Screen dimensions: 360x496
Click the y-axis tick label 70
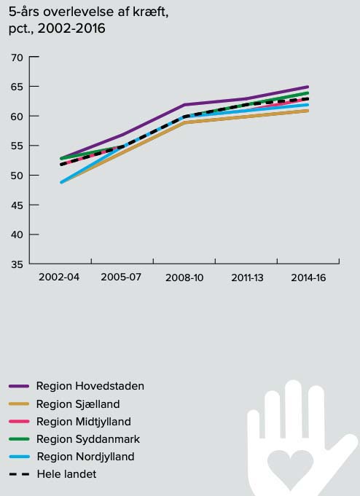[x=17, y=58]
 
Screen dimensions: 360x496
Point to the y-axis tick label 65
[x=17, y=87]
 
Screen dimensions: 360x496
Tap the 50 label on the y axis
[x=17, y=176]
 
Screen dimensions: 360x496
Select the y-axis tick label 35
[x=17, y=264]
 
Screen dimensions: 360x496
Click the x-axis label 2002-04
[x=59, y=277]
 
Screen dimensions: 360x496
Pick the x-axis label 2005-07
[x=121, y=277]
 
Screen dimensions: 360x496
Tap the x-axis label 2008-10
[x=184, y=277]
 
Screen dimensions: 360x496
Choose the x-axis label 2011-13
[x=247, y=277]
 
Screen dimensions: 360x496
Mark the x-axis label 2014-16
[x=308, y=277]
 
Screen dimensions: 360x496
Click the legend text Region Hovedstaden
[x=90, y=386]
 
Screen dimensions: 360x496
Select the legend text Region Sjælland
[x=78, y=404]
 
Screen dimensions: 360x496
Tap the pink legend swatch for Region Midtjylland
[x=19, y=422]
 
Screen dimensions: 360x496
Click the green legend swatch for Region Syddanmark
[x=19, y=439]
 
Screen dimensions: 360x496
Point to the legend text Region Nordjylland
[x=85, y=457]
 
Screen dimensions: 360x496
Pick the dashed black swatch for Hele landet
[x=19, y=474]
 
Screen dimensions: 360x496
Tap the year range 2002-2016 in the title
[x=71, y=28]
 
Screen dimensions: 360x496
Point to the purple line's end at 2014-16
[x=308, y=87]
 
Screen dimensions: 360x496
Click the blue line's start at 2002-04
[x=61, y=182]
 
